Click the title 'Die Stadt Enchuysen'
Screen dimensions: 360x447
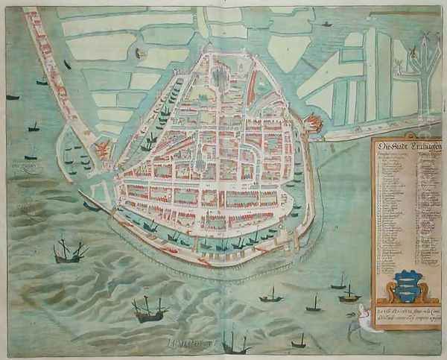(x=406, y=146)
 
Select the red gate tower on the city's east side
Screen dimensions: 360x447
(x=313, y=124)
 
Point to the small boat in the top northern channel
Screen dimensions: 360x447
(x=326, y=25)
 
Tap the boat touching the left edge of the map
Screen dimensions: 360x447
(x=11, y=97)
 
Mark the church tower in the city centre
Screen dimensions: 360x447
(x=200, y=161)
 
